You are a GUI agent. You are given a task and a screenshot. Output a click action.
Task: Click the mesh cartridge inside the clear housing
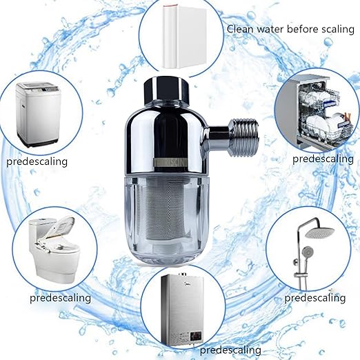(169, 214)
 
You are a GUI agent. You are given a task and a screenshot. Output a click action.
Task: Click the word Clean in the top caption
(241, 29)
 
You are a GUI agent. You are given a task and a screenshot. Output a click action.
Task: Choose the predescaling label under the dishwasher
(322, 158)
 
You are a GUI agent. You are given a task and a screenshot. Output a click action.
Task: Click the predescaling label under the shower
(314, 298)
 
